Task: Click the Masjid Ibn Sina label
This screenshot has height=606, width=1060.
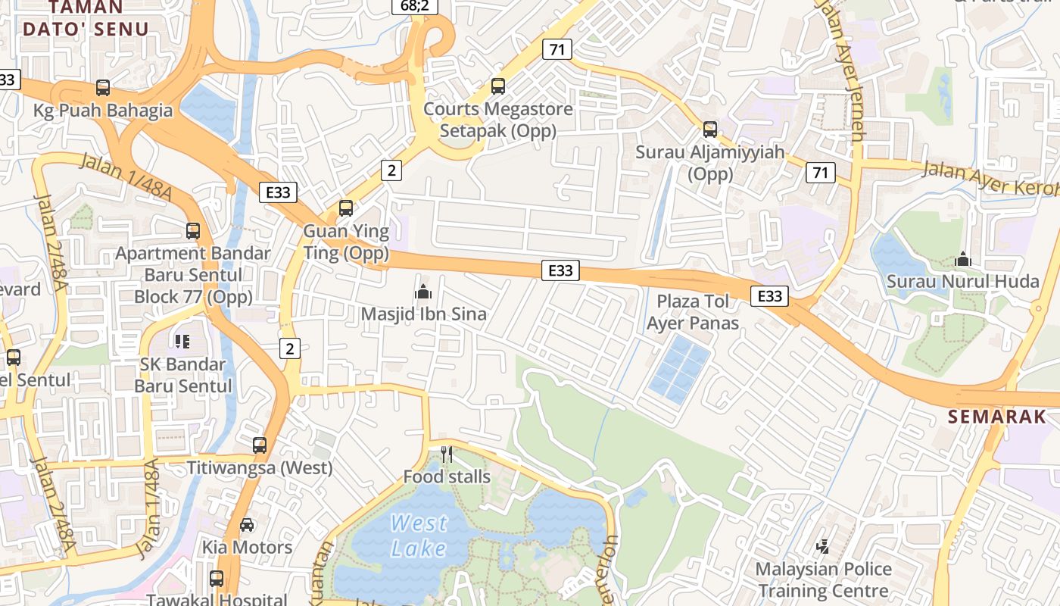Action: tap(423, 314)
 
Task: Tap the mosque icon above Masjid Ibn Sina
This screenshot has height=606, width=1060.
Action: tap(423, 292)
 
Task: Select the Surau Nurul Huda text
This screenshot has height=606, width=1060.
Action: tap(962, 282)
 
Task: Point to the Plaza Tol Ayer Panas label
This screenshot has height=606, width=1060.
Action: tap(693, 312)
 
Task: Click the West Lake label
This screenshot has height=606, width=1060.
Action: tap(419, 535)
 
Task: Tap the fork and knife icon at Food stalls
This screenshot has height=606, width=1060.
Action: tap(447, 454)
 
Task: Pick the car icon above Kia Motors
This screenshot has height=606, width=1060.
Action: tap(247, 524)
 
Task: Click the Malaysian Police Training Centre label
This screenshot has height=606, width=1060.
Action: tap(823, 579)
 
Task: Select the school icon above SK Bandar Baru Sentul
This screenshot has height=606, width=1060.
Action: tap(182, 342)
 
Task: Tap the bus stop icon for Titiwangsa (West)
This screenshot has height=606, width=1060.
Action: tap(260, 445)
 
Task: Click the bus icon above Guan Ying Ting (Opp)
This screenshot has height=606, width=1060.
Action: tap(346, 208)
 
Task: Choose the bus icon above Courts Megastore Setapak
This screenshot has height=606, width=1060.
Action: tap(498, 86)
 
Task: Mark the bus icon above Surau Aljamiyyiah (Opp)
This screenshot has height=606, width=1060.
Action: tap(710, 130)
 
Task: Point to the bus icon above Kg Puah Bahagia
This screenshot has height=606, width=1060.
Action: tap(103, 88)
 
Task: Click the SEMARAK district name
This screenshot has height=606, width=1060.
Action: tap(997, 417)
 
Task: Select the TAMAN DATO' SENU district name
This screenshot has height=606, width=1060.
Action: tap(86, 18)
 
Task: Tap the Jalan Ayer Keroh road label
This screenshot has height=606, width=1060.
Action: tap(988, 178)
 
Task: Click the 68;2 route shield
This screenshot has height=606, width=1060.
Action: tap(414, 6)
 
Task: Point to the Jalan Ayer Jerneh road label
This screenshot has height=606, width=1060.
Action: tap(843, 72)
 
